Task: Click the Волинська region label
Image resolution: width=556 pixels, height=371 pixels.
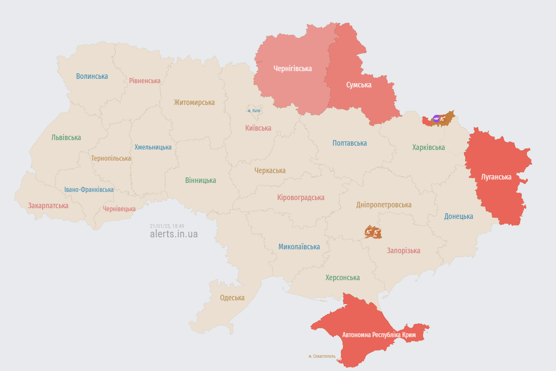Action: [92, 76]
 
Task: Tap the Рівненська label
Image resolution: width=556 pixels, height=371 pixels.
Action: [145, 81]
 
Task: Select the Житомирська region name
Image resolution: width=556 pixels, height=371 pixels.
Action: [194, 102]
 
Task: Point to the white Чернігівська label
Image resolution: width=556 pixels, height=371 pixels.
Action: [293, 69]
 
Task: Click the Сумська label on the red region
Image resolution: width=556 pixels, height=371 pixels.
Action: [358, 85]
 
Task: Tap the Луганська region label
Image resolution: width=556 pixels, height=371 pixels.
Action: [496, 177]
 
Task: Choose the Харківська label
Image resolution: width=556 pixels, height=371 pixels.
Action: [428, 147]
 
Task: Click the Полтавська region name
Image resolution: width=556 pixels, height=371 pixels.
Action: [349, 143]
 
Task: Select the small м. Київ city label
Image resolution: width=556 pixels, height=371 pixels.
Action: [254, 111]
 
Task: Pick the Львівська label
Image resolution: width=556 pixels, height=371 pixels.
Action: [66, 138]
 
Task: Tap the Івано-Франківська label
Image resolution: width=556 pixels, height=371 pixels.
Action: [89, 189]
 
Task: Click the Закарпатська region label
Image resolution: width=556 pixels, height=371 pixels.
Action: [48, 206]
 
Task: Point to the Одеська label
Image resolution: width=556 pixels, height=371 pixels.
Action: [232, 298]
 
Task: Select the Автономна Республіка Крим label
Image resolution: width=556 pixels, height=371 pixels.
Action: [379, 335]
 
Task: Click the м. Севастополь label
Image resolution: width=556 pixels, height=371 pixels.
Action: [322, 356]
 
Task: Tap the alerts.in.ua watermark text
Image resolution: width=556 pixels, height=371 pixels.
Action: [174, 234]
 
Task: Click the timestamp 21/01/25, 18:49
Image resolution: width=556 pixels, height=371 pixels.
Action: [167, 226]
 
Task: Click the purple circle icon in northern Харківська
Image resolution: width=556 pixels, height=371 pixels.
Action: [436, 119]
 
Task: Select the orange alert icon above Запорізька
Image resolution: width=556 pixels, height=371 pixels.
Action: [373, 232]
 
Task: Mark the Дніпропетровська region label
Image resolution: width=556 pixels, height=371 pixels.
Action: [384, 205]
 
